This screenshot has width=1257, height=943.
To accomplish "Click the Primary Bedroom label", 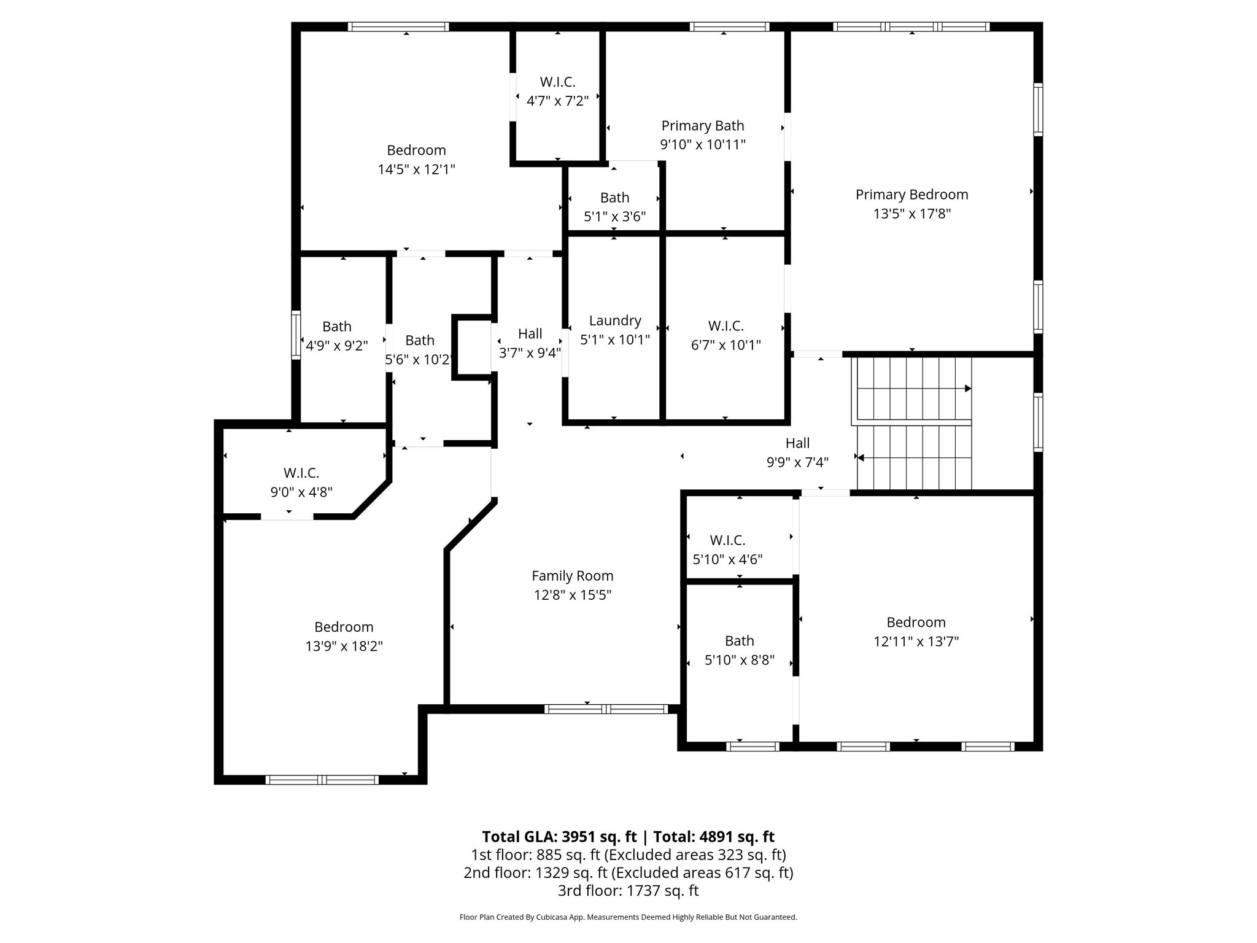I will [911, 195].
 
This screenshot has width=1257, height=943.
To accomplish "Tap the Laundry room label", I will [614, 320].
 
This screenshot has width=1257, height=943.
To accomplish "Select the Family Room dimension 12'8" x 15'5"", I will [572, 595].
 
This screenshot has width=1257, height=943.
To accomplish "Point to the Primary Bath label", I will [702, 126].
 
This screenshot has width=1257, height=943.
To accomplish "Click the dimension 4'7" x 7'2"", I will [557, 101].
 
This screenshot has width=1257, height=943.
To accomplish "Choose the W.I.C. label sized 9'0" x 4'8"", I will [301, 473].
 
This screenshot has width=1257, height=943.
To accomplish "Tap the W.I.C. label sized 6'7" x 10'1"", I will [725, 326].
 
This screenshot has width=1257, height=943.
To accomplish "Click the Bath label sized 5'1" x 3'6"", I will [614, 198].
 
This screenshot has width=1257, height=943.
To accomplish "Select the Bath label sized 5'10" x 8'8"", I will [739, 641].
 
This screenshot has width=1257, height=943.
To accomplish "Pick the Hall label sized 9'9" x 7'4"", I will [797, 443].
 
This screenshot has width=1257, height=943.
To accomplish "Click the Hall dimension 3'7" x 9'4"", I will [530, 353].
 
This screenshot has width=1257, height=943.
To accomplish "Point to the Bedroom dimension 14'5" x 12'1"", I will [416, 169].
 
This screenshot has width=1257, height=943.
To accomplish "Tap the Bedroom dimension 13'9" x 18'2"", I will [344, 646].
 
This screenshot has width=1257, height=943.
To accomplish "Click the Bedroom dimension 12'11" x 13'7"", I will [916, 642].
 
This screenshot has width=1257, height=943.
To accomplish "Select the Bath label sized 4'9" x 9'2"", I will [336, 327].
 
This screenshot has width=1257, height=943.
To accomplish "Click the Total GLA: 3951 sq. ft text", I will [559, 837].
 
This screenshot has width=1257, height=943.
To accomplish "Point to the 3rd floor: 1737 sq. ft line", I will [628, 890].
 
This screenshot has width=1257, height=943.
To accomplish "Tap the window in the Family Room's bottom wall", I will [606, 709].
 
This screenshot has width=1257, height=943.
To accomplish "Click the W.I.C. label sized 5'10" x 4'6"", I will [727, 540].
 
